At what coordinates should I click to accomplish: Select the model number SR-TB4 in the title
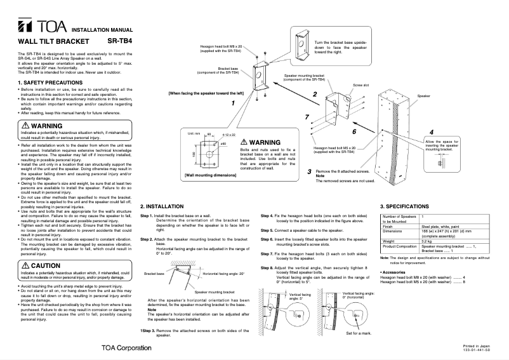120,41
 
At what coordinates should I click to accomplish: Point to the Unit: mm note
194,135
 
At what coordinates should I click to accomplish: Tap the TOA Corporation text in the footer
126,347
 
